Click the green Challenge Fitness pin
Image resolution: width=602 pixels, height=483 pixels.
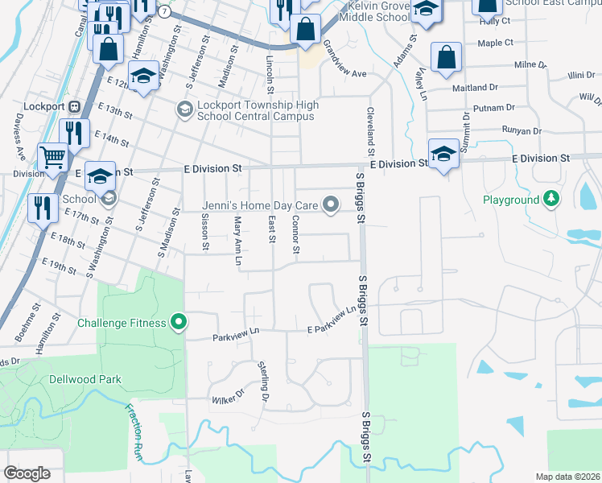[179, 324]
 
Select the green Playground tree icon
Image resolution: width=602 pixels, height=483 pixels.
[551, 199]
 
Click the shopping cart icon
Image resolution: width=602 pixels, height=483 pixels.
[52, 157]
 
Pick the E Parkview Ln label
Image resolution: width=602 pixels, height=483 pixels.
[332, 320]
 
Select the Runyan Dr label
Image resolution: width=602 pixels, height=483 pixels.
[520, 130]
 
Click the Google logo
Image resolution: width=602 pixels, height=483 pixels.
[27, 473]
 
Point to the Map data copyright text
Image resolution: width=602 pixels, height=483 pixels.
[567, 476]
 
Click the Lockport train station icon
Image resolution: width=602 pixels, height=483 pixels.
[74, 106]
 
